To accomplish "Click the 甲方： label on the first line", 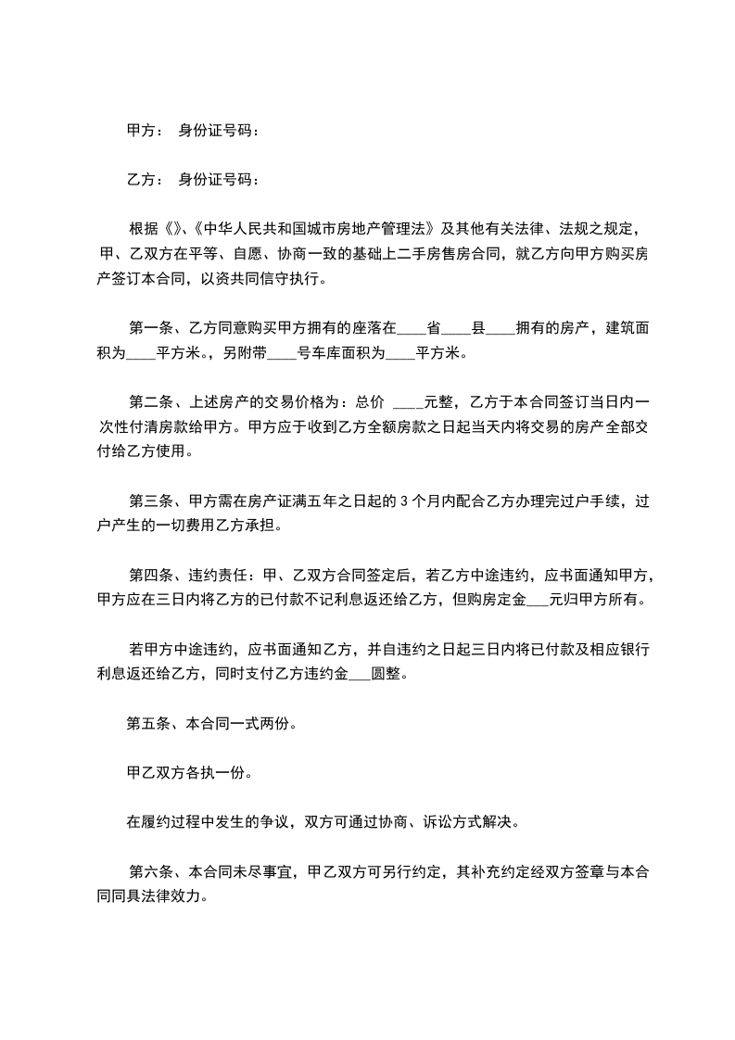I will click(146, 131).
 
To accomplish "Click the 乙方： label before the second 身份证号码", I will click(146, 179).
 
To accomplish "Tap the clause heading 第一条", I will click(151, 327).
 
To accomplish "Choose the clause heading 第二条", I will click(151, 402).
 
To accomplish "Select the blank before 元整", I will click(409, 402).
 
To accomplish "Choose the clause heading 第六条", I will click(151, 872).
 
